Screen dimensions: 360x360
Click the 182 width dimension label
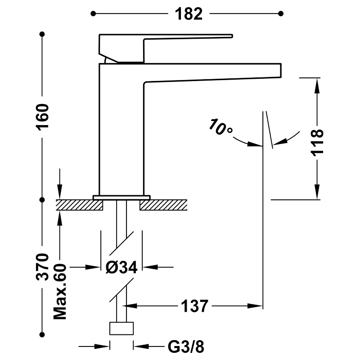(189, 14)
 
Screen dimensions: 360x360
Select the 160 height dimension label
(42, 117)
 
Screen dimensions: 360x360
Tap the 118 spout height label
(317, 143)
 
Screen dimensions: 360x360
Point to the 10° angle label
(220, 127)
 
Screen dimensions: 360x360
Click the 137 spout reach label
(194, 306)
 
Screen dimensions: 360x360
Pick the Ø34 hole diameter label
(121, 267)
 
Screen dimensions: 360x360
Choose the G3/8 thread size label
(186, 346)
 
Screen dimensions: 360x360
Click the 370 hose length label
(42, 266)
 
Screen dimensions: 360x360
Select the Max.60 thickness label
(60, 292)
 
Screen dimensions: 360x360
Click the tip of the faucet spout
(281, 71)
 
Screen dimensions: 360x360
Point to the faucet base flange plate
(121, 198)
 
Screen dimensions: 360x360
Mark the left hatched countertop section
(79, 205)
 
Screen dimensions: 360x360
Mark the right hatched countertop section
(163, 205)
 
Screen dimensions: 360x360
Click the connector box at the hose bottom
(121, 328)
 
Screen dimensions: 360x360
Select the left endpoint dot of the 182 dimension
(93, 14)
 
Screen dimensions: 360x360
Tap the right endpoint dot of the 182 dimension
(281, 14)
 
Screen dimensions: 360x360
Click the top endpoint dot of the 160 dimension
(42, 34)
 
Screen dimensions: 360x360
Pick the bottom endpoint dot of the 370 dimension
(42, 335)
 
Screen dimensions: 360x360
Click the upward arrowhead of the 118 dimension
(317, 85)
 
